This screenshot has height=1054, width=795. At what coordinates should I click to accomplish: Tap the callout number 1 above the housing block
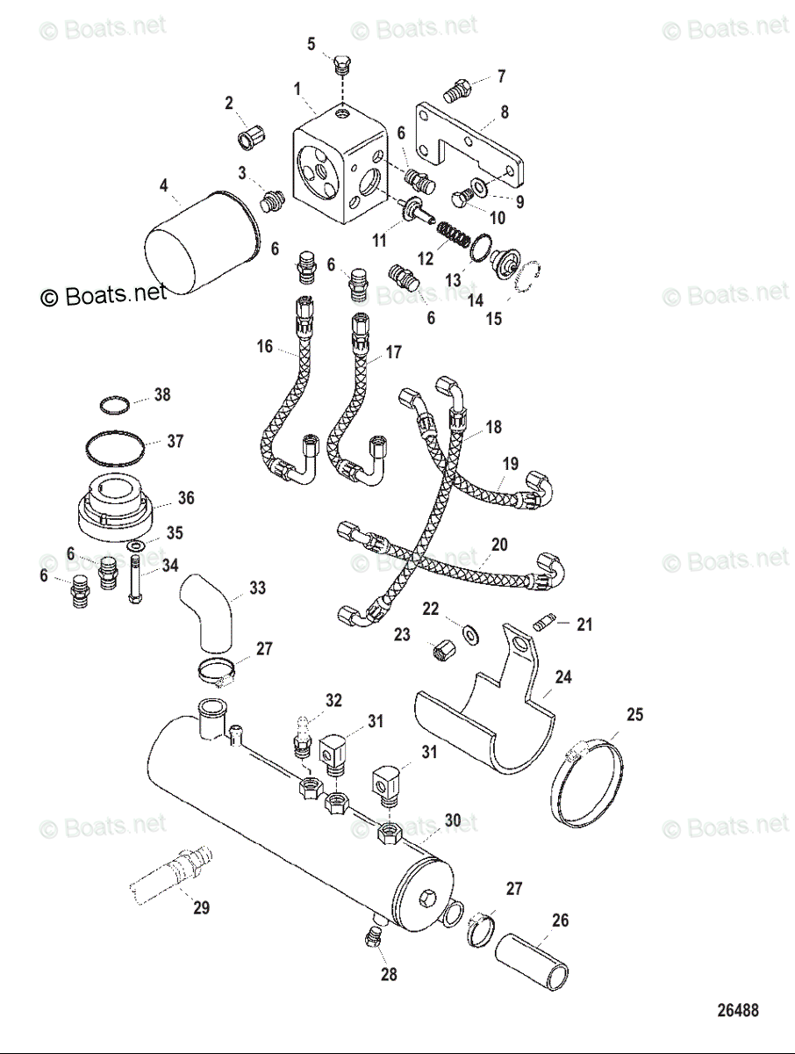click(x=298, y=89)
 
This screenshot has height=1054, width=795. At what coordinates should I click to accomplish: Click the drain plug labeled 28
click(x=371, y=942)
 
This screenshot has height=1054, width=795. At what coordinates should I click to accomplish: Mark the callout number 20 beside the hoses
click(x=499, y=545)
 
